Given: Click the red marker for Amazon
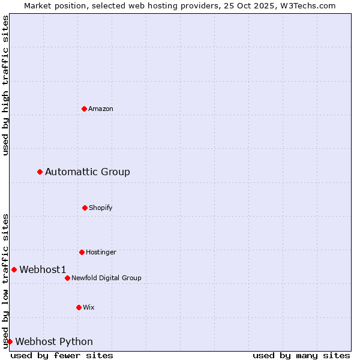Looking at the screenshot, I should [84, 109].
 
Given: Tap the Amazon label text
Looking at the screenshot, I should [101, 109].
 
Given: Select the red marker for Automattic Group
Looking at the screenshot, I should [40, 172].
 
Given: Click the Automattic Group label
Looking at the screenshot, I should [88, 172].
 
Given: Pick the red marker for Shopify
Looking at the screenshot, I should [85, 208].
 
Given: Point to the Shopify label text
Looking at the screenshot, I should [101, 208].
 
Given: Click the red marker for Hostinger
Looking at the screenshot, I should [82, 252].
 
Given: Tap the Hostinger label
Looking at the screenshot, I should [101, 252].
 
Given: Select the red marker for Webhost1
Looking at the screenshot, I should [14, 269].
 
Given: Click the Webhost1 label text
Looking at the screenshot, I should [43, 270].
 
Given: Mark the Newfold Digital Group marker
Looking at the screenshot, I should [67, 278].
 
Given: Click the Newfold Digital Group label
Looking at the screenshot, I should [106, 278].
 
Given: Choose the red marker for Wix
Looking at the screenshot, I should [79, 307].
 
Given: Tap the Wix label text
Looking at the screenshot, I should [89, 307].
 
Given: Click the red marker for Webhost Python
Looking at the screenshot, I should [10, 341].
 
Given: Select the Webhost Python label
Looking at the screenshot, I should [54, 342].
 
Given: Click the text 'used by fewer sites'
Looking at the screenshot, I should [62, 355].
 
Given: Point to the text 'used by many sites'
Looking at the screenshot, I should [301, 355].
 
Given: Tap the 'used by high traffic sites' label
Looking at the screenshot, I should [5, 85].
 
